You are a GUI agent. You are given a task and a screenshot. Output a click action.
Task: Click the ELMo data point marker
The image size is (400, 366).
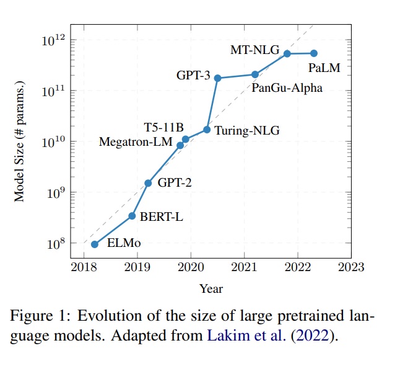pyautogui.click(x=94, y=244)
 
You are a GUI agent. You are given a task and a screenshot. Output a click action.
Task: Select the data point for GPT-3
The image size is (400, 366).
pyautogui.click(x=217, y=78)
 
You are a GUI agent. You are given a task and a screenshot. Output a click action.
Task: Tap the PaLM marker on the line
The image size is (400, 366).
pyautogui.click(x=314, y=53)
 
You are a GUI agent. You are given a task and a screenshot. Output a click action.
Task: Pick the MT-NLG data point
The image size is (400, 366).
pyautogui.click(x=287, y=53)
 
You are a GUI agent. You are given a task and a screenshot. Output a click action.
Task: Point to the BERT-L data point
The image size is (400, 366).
pyautogui.click(x=132, y=216)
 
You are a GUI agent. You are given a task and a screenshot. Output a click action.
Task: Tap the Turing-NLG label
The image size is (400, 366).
pyautogui.click(x=247, y=131)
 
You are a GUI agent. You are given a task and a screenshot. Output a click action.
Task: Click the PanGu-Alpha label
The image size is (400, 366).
pyautogui.click(x=287, y=88)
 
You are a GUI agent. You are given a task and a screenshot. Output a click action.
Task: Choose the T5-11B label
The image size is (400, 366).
pyautogui.click(x=164, y=128)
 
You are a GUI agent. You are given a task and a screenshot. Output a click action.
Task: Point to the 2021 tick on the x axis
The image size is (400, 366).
pyautogui.click(x=244, y=267)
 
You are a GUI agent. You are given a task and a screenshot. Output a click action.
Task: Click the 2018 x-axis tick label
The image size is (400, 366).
pyautogui.click(x=83, y=267)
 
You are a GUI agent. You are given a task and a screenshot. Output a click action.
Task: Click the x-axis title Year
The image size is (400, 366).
pyautogui.click(x=211, y=288)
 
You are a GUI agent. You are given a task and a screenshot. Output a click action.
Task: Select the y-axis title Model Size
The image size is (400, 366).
pyautogui.click(x=19, y=141)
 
